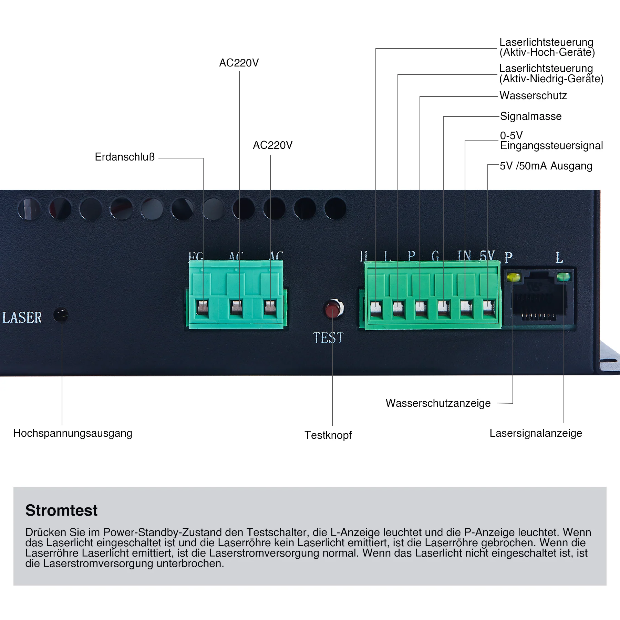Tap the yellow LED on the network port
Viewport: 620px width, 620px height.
pyautogui.click(x=513, y=277)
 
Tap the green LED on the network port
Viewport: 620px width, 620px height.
pyautogui.click(x=563, y=277)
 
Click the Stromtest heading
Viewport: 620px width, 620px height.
pyautogui.click(x=61, y=510)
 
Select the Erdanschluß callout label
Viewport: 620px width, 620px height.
pyautogui.click(x=125, y=157)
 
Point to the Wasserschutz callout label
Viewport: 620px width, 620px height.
pyautogui.click(x=533, y=95)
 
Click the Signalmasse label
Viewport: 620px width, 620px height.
pyautogui.click(x=530, y=116)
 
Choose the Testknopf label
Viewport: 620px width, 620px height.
pyautogui.click(x=328, y=435)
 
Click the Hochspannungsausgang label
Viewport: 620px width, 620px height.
pyautogui.click(x=73, y=433)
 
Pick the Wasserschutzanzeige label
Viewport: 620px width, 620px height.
pyautogui.click(x=438, y=403)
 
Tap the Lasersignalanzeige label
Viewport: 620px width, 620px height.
pyautogui.click(x=536, y=433)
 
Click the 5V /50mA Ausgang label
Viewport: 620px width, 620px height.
pyautogui.click(x=546, y=166)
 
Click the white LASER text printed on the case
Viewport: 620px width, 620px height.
pyautogui.click(x=22, y=318)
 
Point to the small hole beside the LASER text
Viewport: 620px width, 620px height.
pyautogui.click(x=61, y=314)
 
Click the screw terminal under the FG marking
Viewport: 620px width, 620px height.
pyautogui.click(x=203, y=308)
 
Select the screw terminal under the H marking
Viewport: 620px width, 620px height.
pyautogui.click(x=376, y=307)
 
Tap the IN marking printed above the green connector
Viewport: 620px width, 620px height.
pyautogui.click(x=464, y=256)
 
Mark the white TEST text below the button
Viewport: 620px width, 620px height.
pyautogui.click(x=328, y=338)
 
